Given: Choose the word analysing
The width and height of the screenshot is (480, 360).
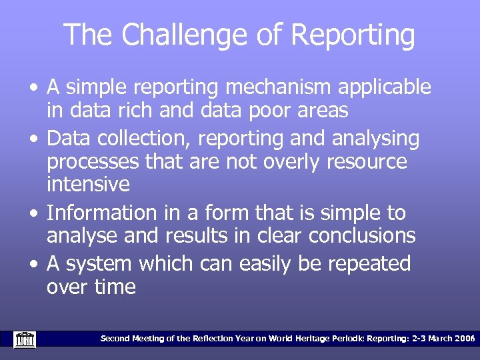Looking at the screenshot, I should point(377,139).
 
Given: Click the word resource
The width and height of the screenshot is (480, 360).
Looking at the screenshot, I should point(365,162).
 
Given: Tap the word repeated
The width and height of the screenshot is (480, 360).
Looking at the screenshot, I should point(368,264).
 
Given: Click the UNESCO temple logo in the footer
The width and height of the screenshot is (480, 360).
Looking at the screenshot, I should point(25,339).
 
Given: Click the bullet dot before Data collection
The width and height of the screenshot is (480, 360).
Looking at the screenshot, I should point(33,139).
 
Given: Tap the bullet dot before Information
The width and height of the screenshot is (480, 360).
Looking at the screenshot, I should point(33,214).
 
